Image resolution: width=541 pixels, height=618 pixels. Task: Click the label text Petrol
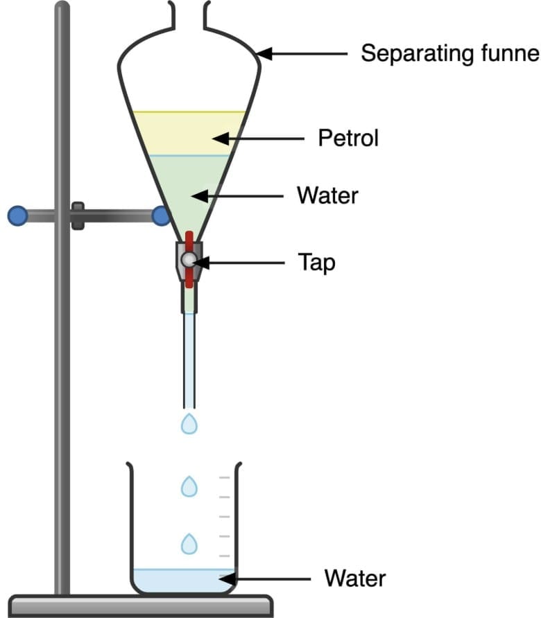coord(348,139)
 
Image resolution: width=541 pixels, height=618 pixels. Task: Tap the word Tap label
coord(316,263)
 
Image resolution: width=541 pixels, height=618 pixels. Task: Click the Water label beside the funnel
coord(327,196)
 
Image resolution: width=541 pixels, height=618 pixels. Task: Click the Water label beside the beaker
coord(354,579)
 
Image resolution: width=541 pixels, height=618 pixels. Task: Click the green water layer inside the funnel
coord(187,191)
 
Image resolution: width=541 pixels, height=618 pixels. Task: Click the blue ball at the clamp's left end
coord(17,216)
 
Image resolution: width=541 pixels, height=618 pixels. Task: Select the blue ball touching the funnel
coord(161,216)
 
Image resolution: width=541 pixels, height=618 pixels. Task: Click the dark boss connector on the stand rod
coord(78,216)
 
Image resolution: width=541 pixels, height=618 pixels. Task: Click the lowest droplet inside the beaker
coord(189,543)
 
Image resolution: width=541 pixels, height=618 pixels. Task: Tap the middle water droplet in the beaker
coord(189,486)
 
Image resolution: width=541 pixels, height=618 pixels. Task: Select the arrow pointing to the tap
coord(239,263)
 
